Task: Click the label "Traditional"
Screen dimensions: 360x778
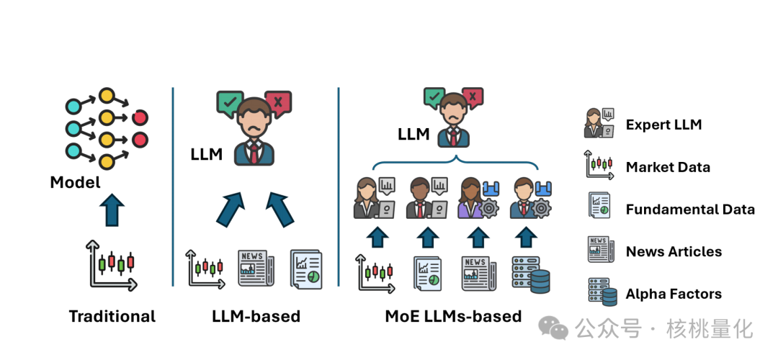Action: point(112,316)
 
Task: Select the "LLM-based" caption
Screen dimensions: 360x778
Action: point(256,316)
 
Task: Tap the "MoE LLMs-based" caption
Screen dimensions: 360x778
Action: point(453,316)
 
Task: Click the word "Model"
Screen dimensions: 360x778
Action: point(76,182)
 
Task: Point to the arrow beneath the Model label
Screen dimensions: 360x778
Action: point(112,211)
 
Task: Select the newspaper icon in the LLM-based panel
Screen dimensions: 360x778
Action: point(256,269)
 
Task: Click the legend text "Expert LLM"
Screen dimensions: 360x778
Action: point(663,125)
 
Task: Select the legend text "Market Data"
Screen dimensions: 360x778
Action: point(668,167)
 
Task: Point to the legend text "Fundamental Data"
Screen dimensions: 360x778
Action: point(690,210)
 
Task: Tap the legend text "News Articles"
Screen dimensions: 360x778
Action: point(674,251)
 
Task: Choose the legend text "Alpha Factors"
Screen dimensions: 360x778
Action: point(674,294)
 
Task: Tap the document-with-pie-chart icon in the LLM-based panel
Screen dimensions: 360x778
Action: point(306,269)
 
